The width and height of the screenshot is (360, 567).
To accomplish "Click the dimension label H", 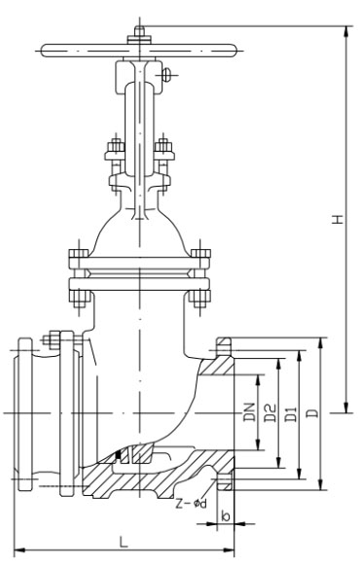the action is click(x=338, y=219).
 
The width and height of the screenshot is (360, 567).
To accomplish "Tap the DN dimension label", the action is click(x=249, y=412).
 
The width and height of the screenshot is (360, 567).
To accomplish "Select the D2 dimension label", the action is click(x=270, y=413).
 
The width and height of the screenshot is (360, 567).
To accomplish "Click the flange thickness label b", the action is click(x=226, y=515).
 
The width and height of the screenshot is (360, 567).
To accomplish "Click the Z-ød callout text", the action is click(x=191, y=504).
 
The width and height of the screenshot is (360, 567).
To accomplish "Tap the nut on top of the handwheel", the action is click(x=139, y=35).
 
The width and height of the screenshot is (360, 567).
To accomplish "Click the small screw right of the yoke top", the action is click(x=165, y=75).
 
